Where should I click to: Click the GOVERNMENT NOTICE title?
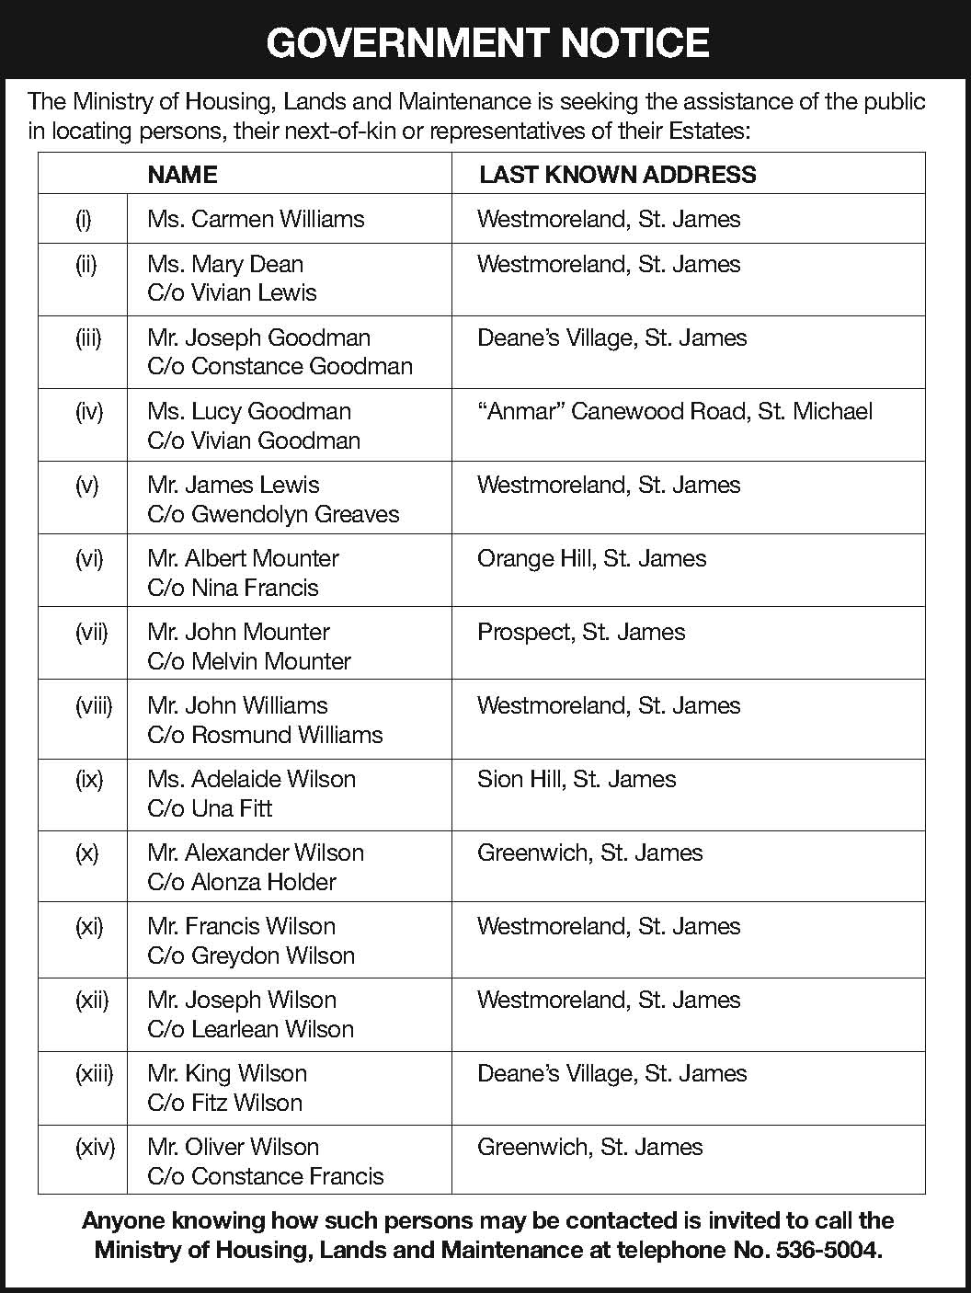(487, 43)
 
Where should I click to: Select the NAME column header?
(182, 175)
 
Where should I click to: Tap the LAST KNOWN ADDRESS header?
(617, 175)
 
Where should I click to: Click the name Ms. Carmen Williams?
(256, 219)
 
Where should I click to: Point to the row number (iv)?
(89, 411)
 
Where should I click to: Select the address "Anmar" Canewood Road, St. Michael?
(674, 411)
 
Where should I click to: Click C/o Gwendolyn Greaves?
(273, 514)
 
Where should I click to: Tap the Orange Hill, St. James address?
(591, 558)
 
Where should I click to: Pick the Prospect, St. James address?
(581, 632)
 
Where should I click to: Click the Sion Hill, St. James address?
(577, 779)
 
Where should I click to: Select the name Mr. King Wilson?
(227, 1073)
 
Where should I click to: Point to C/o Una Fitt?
(210, 808)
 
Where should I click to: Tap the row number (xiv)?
(95, 1147)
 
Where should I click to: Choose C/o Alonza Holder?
(242, 882)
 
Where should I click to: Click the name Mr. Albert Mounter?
(243, 558)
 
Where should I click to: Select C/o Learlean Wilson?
(250, 1029)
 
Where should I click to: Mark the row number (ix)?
(89, 779)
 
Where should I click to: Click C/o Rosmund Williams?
(265, 735)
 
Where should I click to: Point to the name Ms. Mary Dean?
(225, 264)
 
